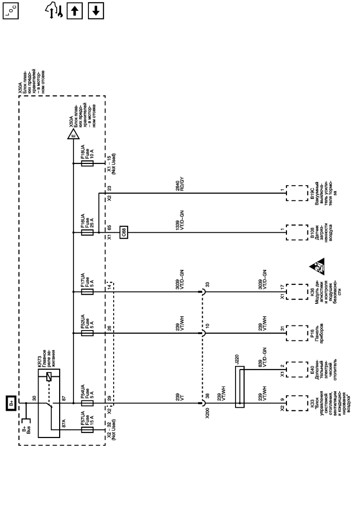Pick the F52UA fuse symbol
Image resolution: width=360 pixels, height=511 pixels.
point(88,333)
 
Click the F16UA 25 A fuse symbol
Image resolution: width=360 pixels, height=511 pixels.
point(88,232)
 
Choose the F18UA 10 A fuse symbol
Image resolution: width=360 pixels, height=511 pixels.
point(88,163)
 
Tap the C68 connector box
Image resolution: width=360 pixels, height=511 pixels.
point(124,232)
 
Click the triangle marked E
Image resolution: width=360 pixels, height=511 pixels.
point(73,135)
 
